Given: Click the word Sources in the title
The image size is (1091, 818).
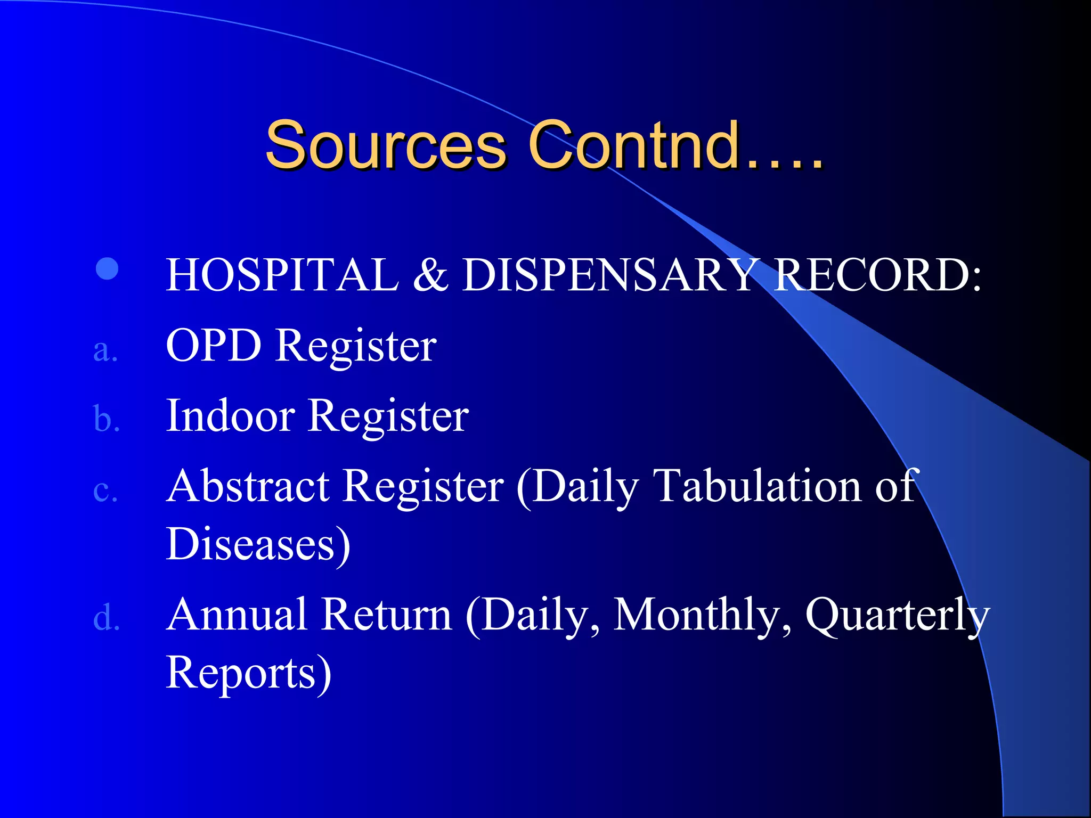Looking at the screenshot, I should (385, 145).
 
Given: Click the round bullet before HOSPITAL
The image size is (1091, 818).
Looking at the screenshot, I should (107, 269).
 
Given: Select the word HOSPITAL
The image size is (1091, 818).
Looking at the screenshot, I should (282, 275).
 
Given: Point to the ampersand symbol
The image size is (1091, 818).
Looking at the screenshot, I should (430, 275).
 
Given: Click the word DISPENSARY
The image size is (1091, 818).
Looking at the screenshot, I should (608, 275).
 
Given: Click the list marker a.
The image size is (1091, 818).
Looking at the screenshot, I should (105, 351).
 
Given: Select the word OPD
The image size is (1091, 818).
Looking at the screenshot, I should (214, 346).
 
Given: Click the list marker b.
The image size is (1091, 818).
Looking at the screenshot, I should (106, 419).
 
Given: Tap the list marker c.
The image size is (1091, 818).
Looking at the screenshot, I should (105, 491).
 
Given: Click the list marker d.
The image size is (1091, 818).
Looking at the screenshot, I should (106, 619).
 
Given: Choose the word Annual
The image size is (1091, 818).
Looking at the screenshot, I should (237, 615).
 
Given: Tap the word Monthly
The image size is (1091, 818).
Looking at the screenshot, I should (697, 616).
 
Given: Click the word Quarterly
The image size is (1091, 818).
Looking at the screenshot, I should (897, 616).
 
